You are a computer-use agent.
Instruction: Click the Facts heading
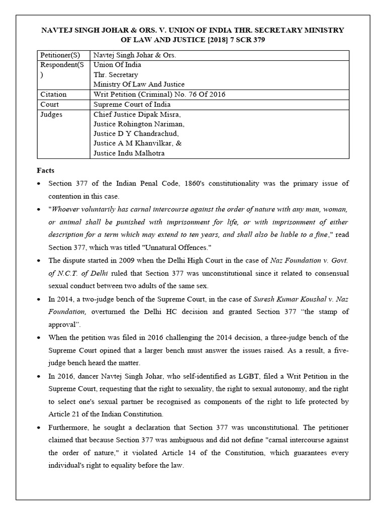tap(46, 170)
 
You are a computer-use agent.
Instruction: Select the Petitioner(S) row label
tap(60, 55)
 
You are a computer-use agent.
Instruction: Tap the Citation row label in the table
tap(53, 94)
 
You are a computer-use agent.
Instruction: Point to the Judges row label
tap(52, 114)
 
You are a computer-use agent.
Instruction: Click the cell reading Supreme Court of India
tap(132, 104)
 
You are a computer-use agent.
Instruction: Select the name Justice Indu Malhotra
tap(129, 153)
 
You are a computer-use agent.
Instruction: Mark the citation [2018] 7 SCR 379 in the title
tap(226, 40)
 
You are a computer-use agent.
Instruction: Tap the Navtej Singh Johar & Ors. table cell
tap(135, 55)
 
